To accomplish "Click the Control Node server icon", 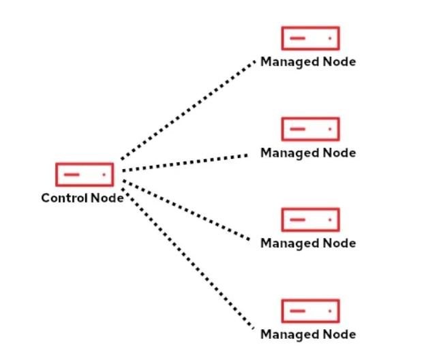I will [x=85, y=175].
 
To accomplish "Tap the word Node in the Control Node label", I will [x=107, y=198].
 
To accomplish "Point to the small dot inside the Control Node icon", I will [x=104, y=175].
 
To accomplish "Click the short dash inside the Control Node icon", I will [x=72, y=175].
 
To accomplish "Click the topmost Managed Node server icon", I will [x=310, y=38].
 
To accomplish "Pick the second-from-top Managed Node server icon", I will [x=310, y=128].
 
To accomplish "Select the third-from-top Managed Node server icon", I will [x=310, y=220].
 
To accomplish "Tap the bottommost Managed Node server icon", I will [x=310, y=310].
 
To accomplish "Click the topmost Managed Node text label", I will [x=308, y=62].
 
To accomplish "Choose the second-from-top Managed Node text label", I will [x=308, y=153].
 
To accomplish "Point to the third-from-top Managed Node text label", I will [x=308, y=243].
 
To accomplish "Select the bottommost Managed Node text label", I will [x=308, y=335].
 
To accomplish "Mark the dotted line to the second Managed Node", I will [x=184, y=162].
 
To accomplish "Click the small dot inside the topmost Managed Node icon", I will [x=329, y=38].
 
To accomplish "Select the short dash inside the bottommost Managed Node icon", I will [x=297, y=310].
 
